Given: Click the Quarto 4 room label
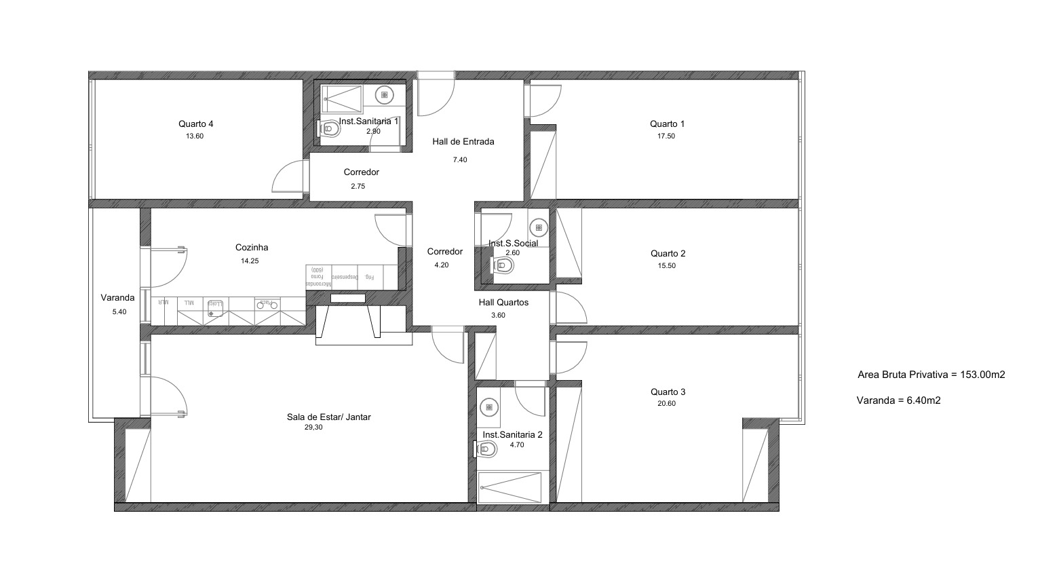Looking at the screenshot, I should click(196, 124).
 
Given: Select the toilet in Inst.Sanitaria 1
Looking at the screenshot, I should click(330, 128).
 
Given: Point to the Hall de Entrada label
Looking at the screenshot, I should click(463, 142).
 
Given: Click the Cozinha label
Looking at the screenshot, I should click(252, 248).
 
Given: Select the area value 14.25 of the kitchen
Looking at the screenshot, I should click(250, 261).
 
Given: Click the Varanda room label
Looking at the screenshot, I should click(117, 297).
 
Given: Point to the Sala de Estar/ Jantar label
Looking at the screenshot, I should click(328, 417).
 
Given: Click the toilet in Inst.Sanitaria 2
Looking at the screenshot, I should click(485, 448).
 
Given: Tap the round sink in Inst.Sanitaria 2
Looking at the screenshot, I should click(488, 407).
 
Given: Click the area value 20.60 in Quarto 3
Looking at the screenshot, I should click(667, 404).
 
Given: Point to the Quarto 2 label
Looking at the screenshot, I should click(668, 254).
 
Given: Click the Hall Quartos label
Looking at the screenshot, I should click(503, 303).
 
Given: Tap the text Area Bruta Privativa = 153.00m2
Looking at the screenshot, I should click(931, 374).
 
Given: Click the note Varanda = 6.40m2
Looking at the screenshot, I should click(898, 400).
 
